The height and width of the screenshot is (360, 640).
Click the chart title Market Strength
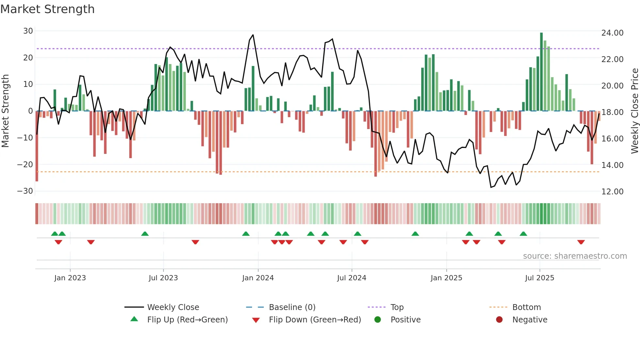[47, 9]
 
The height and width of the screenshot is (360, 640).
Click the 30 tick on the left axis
[28, 31]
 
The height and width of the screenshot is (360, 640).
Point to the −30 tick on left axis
[25, 191]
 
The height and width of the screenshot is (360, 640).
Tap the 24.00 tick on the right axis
[612, 33]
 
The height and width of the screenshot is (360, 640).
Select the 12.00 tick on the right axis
[612, 192]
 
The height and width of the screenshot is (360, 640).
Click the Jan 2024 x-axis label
[258, 278]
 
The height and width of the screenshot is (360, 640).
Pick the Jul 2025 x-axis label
[539, 278]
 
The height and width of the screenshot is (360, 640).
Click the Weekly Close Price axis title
[634, 111]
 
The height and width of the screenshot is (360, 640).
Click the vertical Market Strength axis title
[6, 111]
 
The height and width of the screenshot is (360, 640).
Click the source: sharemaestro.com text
[575, 256]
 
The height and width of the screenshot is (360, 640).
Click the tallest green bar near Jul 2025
[541, 72]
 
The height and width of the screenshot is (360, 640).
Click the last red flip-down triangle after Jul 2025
[581, 242]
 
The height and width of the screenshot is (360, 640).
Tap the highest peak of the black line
[253, 35]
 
